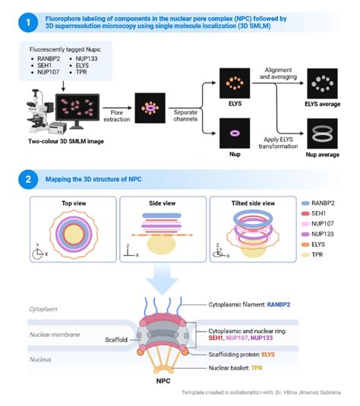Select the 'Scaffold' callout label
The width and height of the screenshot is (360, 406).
click(x=120, y=340)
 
